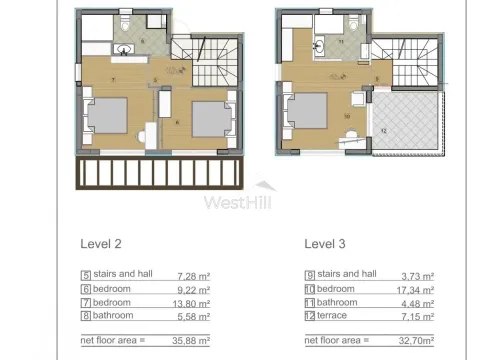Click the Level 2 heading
[102, 242]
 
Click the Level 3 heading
[327, 242]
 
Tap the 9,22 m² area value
[196, 288]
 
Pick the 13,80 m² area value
[194, 302]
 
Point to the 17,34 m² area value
[418, 288]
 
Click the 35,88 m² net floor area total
[194, 340]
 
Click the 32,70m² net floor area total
[416, 340]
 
